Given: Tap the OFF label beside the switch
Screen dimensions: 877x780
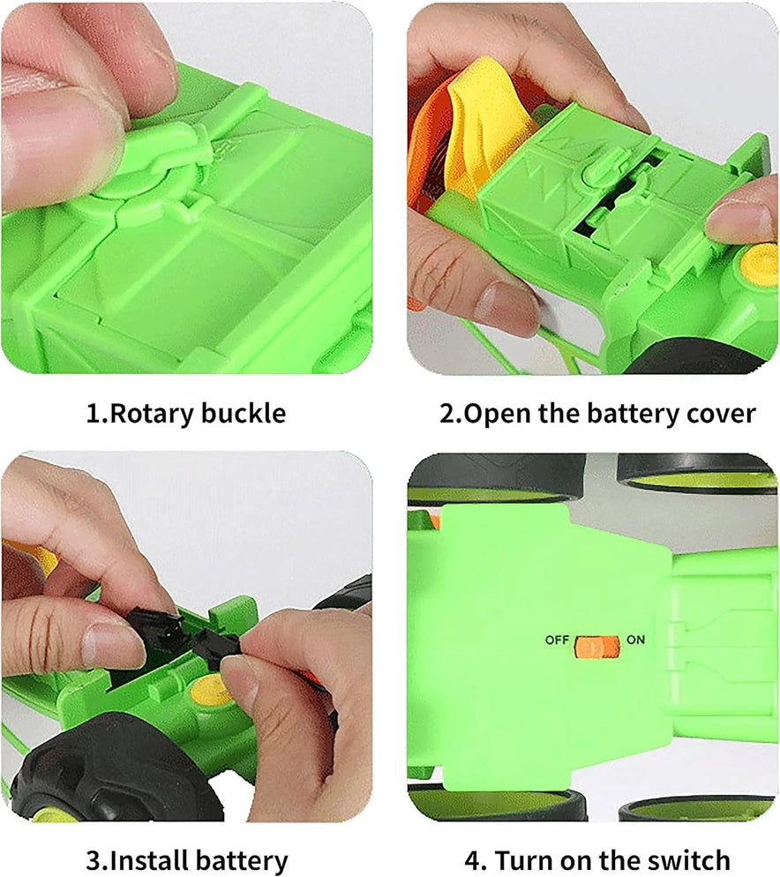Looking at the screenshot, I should [557, 640].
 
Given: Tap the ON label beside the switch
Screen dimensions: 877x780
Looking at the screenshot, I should [635, 640].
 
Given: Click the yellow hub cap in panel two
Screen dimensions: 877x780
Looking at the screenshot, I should [760, 266].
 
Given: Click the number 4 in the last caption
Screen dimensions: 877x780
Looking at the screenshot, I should [472, 860].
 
